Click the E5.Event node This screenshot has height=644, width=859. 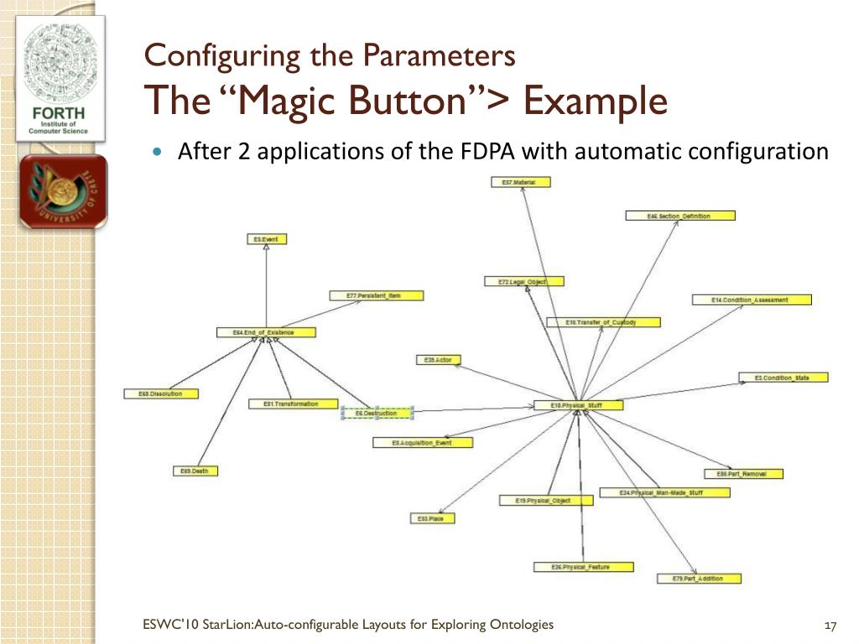pos(266,239)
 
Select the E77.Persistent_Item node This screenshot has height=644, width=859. pos(376,295)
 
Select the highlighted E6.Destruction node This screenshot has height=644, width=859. pos(377,413)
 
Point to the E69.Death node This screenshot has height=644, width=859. pos(195,471)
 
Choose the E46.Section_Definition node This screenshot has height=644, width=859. pos(679,216)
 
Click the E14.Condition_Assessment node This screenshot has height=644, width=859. pos(751,299)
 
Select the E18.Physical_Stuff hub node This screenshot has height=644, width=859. pos(576,406)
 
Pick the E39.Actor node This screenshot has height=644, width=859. pos(439,360)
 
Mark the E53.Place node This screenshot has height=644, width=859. pos(432,518)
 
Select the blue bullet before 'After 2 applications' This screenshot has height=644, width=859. pos(159,152)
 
